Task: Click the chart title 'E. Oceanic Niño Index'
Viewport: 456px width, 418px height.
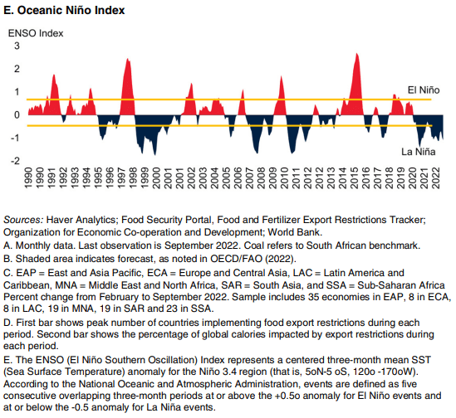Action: [x=64, y=11]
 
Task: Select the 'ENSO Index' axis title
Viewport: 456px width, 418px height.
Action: [x=36, y=33]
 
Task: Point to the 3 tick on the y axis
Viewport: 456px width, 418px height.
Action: [x=17, y=46]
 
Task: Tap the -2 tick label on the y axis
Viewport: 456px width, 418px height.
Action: [x=15, y=161]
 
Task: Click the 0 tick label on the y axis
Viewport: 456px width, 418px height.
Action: [x=17, y=114]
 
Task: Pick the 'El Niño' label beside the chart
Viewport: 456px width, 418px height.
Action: [x=424, y=90]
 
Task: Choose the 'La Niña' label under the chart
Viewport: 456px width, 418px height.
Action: [x=418, y=152]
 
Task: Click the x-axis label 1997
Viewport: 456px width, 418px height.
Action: [x=121, y=177]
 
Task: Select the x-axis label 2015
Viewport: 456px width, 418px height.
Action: [x=354, y=177]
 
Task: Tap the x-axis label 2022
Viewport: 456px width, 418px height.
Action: [x=435, y=177]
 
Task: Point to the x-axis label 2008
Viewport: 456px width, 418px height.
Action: [x=261, y=177]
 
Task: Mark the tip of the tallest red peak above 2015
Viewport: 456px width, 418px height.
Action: [x=357, y=53]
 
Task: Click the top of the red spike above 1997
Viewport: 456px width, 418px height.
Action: [x=128, y=59]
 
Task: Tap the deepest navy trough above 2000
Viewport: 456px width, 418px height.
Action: [x=154, y=155]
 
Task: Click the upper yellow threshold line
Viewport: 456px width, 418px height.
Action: [x=229, y=100]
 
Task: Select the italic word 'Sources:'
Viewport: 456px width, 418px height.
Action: [x=23, y=220]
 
